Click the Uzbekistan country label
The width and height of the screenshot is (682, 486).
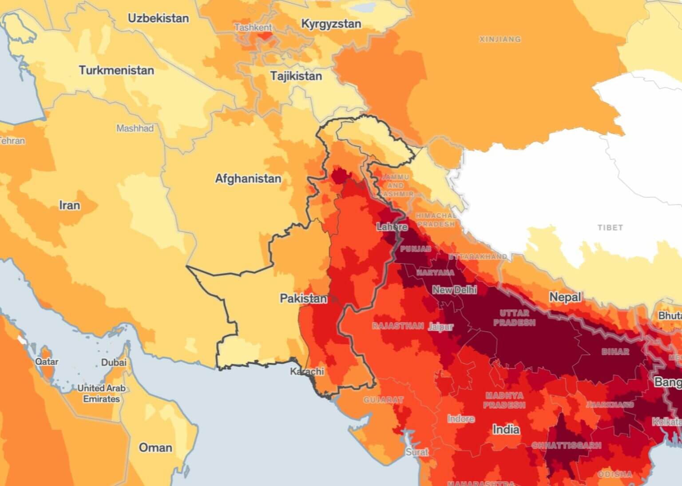tap(158, 18)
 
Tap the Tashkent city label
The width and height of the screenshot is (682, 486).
tap(253, 28)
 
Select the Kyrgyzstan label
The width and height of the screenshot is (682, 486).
tap(331, 24)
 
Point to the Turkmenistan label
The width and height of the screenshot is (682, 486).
tap(116, 70)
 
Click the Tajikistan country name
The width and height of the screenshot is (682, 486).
tap(296, 76)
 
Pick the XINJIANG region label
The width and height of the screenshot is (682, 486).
tap(500, 39)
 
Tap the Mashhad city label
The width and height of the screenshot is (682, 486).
tap(135, 128)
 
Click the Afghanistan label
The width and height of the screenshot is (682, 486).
tap(248, 179)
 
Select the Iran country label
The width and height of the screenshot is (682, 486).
tap(70, 205)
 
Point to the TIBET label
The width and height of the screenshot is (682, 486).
tap(610, 227)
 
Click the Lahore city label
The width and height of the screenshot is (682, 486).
tap(392, 227)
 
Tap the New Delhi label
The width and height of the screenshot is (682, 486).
tap(454, 290)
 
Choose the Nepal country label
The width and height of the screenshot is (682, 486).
tap(565, 297)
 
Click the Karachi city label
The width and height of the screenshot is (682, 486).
tap(307, 371)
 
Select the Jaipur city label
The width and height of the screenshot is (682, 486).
tap(440, 327)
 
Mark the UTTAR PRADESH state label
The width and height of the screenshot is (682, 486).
tap(514, 318)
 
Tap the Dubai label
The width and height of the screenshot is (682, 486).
tap(114, 363)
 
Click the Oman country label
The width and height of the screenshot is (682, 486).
tap(155, 447)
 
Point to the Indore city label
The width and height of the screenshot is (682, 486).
tap(460, 419)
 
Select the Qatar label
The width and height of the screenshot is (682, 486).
tap(47, 362)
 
